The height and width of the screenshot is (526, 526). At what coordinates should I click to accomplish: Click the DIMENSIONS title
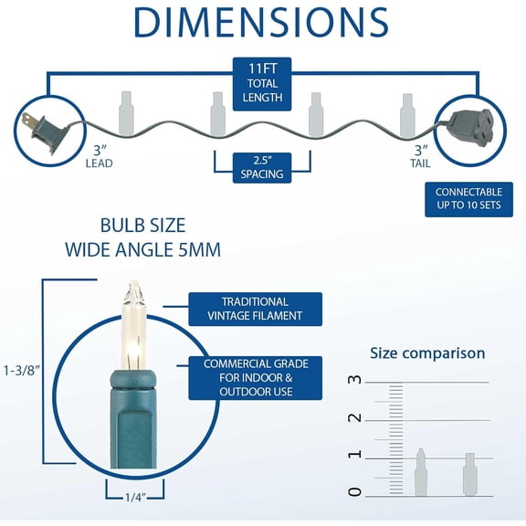pyautogui.click(x=261, y=22)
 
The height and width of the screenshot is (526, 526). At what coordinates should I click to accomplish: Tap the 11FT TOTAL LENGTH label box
pyautogui.click(x=262, y=84)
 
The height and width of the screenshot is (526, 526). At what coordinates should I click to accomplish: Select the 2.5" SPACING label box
pyautogui.click(x=262, y=168)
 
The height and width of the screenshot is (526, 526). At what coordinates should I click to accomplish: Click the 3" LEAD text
pyautogui.click(x=99, y=156)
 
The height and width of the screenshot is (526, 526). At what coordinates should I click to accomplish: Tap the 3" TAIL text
pyautogui.click(x=421, y=156)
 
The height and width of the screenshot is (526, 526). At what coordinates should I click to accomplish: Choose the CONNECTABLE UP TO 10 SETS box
pyautogui.click(x=468, y=199)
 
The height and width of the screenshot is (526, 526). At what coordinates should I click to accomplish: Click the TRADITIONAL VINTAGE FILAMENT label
pyautogui.click(x=256, y=309)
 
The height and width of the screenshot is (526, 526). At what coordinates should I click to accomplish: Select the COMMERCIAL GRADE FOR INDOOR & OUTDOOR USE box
pyautogui.click(x=256, y=378)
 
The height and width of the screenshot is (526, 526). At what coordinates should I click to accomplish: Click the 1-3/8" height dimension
pyautogui.click(x=22, y=371)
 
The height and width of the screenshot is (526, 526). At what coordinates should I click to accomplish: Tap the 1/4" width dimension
pyautogui.click(x=135, y=497)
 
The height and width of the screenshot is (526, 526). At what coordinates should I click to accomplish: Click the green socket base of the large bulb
pyautogui.click(x=133, y=419)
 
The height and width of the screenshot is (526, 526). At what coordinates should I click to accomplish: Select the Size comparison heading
pyautogui.click(x=427, y=353)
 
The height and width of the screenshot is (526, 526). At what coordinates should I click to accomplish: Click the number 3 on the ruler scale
pyautogui.click(x=355, y=379)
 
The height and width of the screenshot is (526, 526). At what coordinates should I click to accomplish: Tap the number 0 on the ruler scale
pyautogui.click(x=355, y=492)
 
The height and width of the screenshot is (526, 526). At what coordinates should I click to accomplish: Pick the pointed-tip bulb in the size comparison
pyautogui.click(x=421, y=471)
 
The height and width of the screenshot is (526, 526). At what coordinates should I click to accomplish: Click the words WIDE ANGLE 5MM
pyautogui.click(x=142, y=250)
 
